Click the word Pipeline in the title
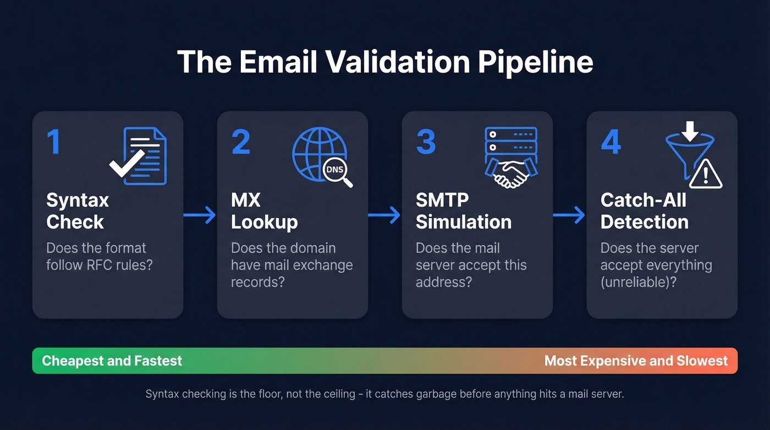[x=535, y=62]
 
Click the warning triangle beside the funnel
[x=706, y=175]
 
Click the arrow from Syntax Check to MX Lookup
[x=200, y=215]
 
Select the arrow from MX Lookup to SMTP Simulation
[x=384, y=215]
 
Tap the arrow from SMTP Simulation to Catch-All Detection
[x=569, y=215]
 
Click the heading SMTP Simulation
[x=464, y=211]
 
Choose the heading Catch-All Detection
[x=645, y=211]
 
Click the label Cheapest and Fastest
[x=112, y=361]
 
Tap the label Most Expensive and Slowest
[x=636, y=361]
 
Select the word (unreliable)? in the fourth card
[x=639, y=282]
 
